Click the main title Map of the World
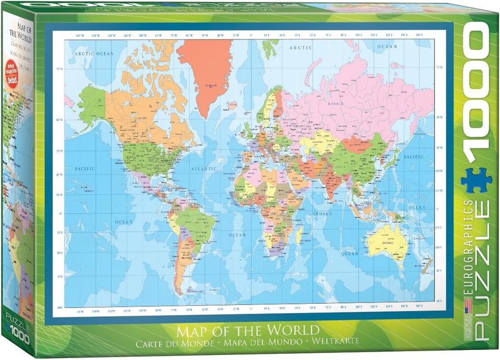pos(250,329)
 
